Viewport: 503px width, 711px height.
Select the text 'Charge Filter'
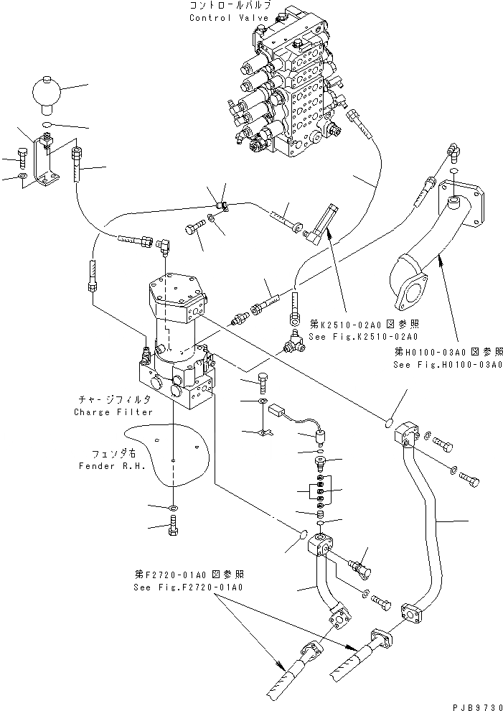pyautogui.click(x=113, y=412)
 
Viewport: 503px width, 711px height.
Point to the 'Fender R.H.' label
pyautogui.click(x=105, y=465)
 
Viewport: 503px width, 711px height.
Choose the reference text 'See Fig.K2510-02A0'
pyautogui.click(x=363, y=336)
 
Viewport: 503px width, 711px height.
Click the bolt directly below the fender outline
pyautogui.click(x=174, y=530)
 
